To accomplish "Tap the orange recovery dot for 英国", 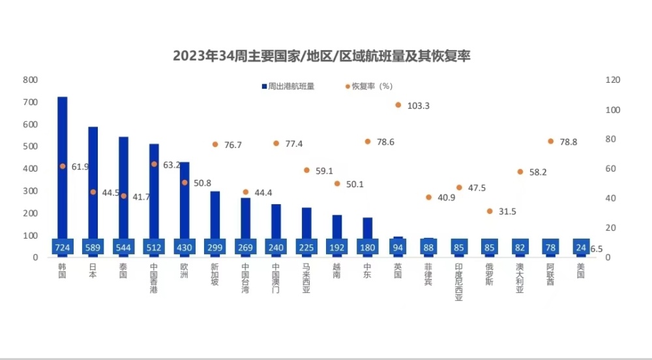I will [398, 105].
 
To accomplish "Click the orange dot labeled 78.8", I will [550, 142].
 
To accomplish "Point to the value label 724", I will [63, 248].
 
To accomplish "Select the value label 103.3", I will [417, 106].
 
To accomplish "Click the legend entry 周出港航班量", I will [288, 86].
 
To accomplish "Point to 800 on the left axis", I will [30, 80].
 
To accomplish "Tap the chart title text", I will [321, 56].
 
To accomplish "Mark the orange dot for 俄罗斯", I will [490, 211].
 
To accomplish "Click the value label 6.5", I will [596, 249].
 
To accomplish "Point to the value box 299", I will [215, 248].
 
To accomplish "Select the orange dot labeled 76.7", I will [215, 144].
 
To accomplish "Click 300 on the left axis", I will [30, 191].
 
